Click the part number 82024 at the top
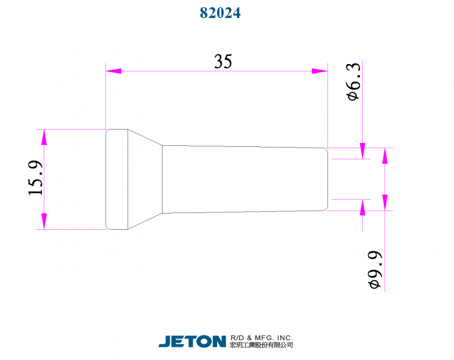[220, 13]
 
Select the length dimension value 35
[223, 61]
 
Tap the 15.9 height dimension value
[35, 178]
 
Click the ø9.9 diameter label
[375, 270]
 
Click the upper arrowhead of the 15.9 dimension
[44, 137]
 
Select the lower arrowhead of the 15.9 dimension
[44, 220]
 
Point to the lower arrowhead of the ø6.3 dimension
[362, 207]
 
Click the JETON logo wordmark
[192, 341]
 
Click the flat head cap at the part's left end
[117, 179]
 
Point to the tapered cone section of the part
[145, 179]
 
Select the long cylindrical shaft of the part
[243, 179]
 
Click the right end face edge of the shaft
[327, 179]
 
